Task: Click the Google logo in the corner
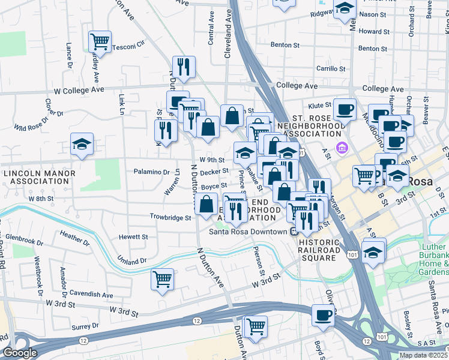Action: (19, 353)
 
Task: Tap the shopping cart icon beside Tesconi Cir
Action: (100, 42)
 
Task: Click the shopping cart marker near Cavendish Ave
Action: (162, 279)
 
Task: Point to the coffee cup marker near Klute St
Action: (345, 110)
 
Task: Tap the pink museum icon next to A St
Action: (342, 147)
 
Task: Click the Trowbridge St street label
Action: (170, 217)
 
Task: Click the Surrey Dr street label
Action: (85, 326)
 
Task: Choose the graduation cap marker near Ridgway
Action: (345, 9)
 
